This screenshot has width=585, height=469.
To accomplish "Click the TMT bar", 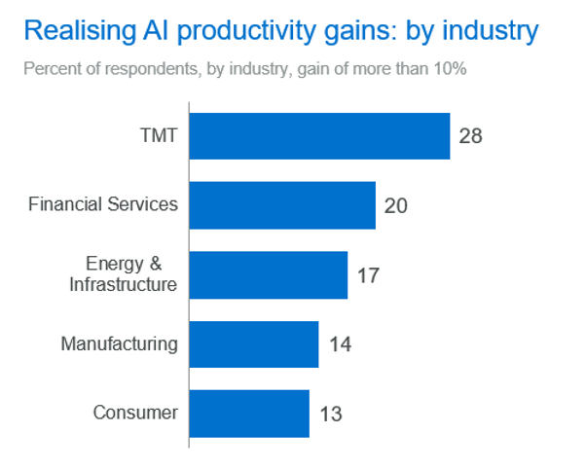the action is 319,136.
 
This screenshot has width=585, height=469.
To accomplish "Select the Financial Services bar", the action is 282,205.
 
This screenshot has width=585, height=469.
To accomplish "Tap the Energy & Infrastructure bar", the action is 269,275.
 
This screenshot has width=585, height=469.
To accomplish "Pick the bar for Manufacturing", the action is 254,344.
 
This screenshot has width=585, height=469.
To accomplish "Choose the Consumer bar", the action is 249,414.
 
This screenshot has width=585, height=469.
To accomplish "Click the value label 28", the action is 470,136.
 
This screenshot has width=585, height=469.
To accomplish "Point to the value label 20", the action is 396,205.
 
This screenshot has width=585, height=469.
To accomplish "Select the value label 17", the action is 368,275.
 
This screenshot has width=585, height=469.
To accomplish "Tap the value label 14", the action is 340,344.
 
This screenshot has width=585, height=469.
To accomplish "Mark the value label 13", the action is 331,415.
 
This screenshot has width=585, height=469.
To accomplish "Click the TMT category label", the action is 159,135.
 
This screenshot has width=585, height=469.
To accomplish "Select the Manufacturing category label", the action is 120,344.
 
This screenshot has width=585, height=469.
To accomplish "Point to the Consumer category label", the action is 135,413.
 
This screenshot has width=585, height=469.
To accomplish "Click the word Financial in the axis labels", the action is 65,204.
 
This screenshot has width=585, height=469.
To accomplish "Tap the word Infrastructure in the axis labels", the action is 123,284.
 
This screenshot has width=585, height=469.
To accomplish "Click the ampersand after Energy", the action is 156,264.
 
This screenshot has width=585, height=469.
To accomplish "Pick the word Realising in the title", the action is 80,30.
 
